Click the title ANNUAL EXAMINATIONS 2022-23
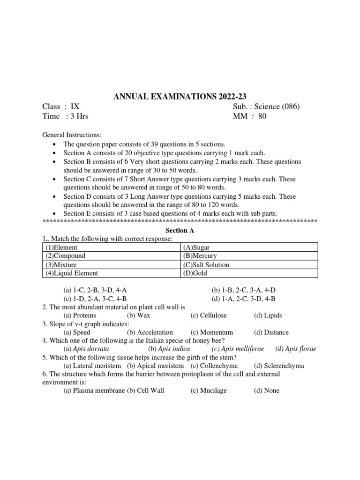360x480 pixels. tap(180, 97)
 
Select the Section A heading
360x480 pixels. tap(180, 231)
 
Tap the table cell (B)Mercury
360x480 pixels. tap(199, 256)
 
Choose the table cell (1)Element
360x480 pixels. tap(61, 247)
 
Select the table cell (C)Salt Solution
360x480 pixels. tap(206, 265)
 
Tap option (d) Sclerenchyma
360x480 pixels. tap(279, 366)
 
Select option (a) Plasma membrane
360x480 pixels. tap(94, 390)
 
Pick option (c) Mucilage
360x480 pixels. tap(208, 390)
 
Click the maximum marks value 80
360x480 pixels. tap(262, 116)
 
